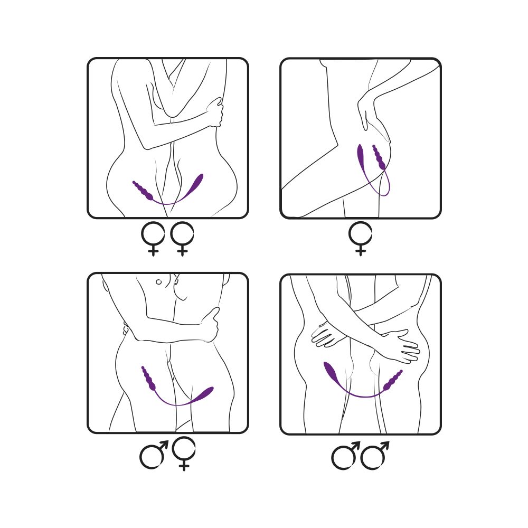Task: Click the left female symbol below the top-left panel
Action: click(153, 238)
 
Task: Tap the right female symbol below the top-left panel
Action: click(182, 238)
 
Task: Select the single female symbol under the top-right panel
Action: click(361, 238)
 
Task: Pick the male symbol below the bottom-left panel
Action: click(153, 455)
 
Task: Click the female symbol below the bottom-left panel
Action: click(183, 451)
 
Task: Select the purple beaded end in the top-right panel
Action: click(379, 158)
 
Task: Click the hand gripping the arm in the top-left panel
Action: click(215, 112)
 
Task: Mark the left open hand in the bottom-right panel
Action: click(327, 336)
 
